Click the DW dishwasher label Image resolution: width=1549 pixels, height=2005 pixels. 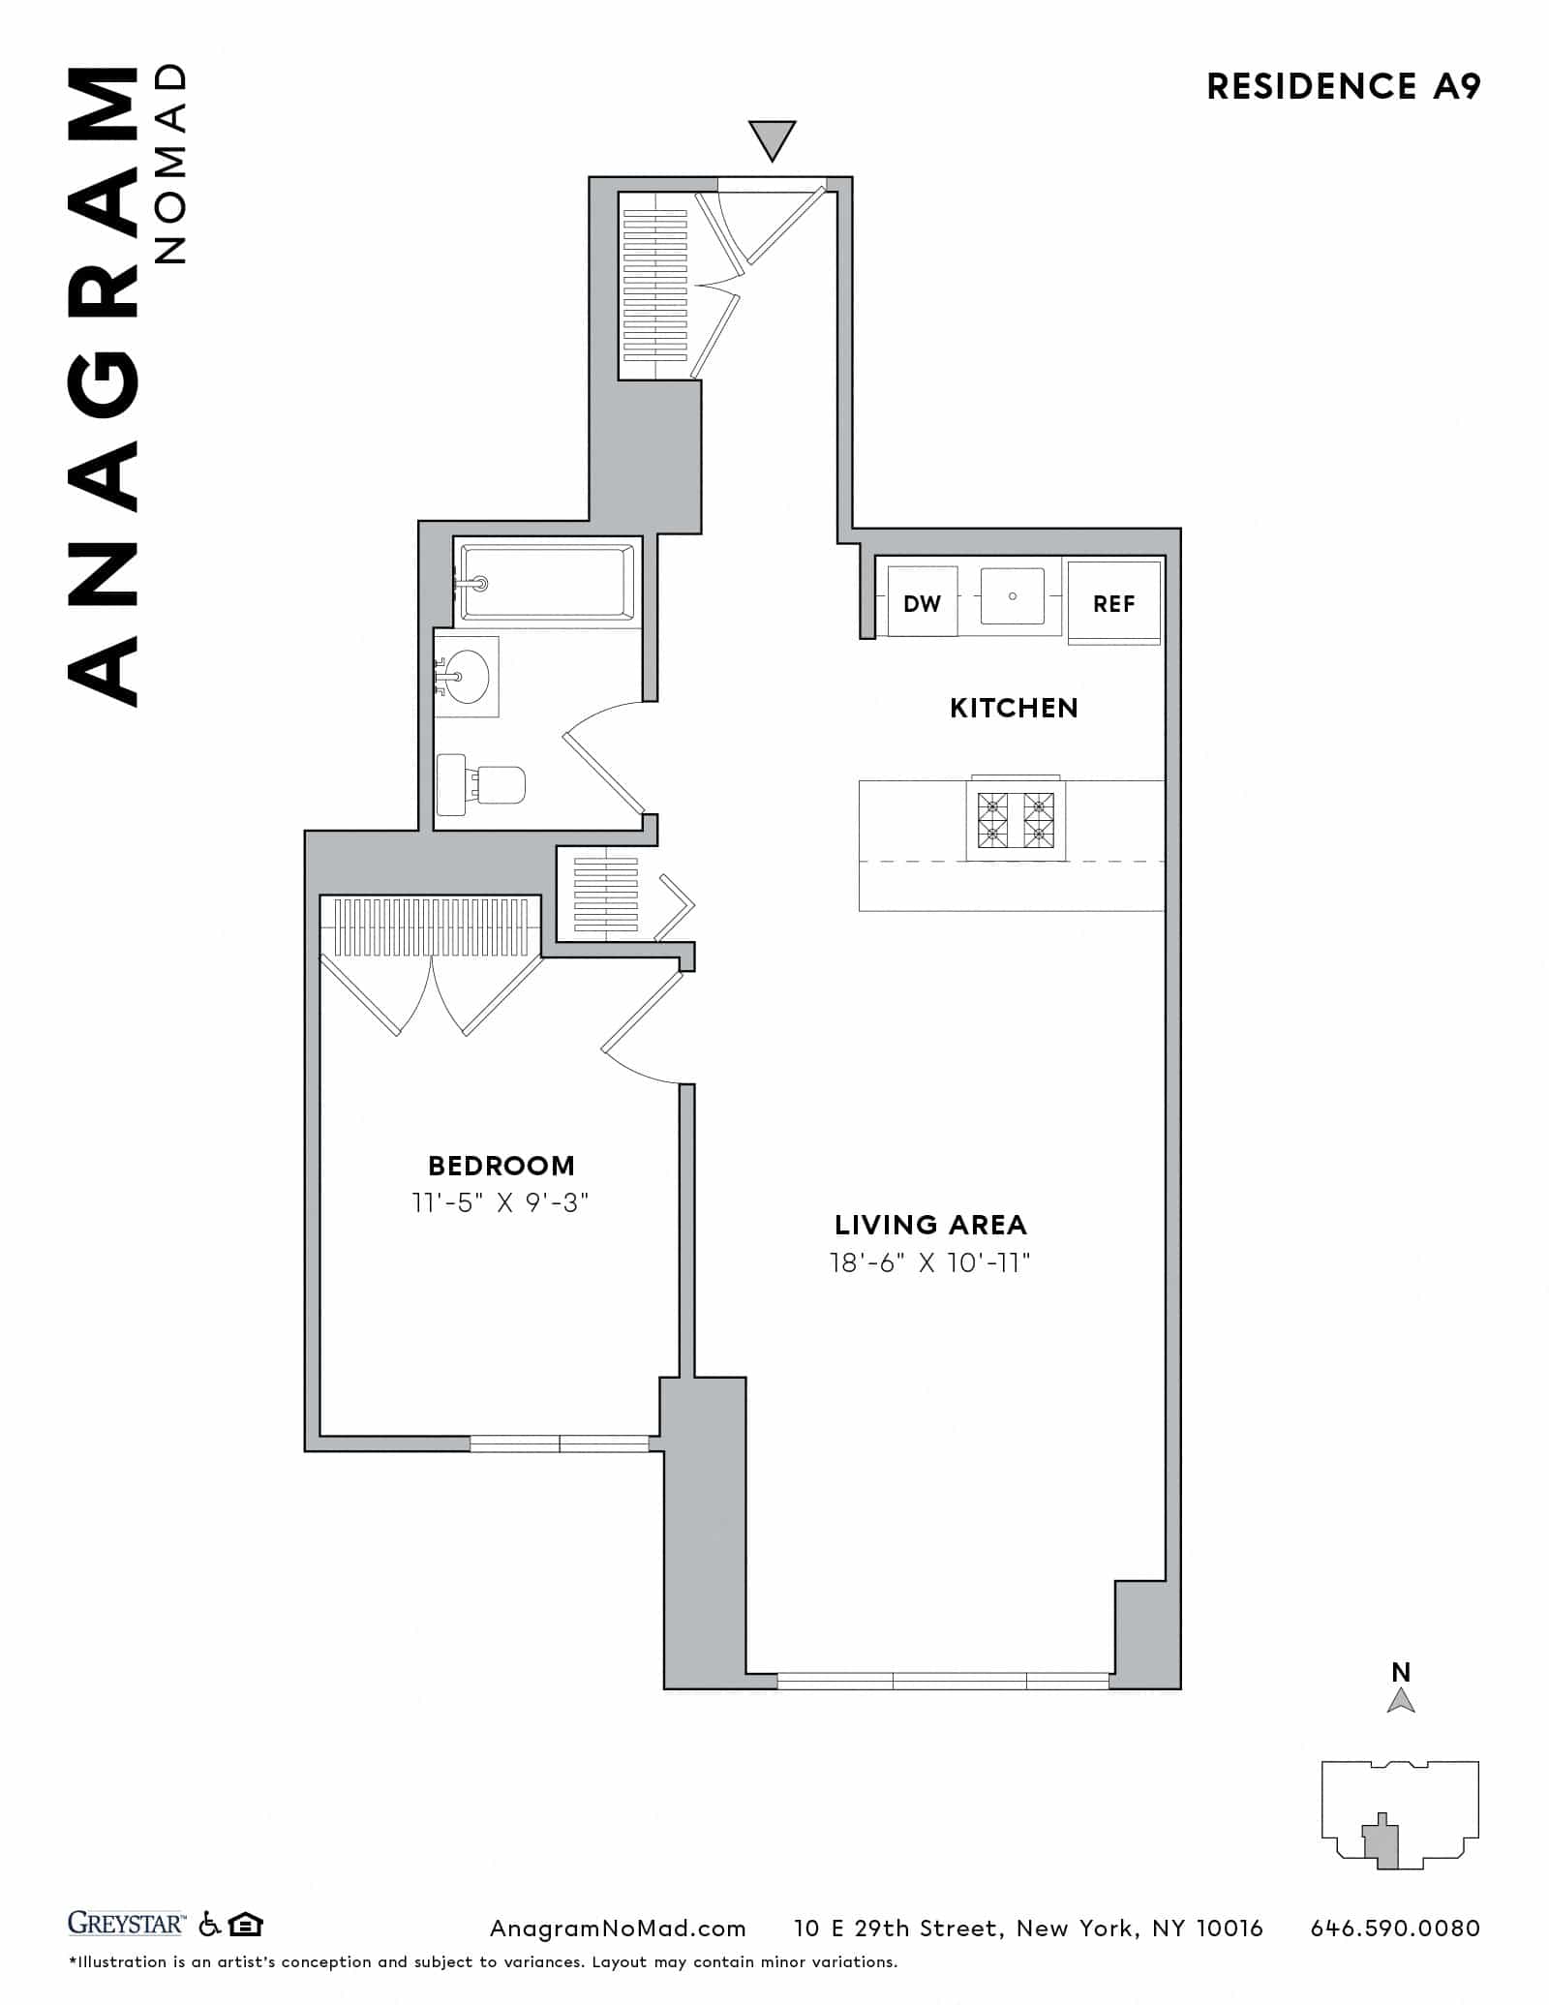(922, 603)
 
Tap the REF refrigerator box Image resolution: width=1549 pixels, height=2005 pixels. (1113, 603)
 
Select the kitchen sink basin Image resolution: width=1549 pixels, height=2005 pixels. (1013, 596)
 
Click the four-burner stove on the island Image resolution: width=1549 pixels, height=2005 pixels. (1016, 819)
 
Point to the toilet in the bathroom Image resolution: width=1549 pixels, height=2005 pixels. (482, 784)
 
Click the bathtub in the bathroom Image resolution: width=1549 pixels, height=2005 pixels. (547, 582)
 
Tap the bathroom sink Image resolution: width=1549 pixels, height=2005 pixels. (469, 676)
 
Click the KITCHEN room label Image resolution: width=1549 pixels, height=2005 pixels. (1014, 708)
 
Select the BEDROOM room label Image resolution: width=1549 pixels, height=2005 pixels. (501, 1165)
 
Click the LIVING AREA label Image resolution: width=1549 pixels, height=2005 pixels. (930, 1225)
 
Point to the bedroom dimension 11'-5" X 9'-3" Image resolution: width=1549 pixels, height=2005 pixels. (501, 1202)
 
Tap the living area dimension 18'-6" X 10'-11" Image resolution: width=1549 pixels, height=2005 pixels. (930, 1262)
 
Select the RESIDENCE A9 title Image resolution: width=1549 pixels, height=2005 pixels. (1344, 87)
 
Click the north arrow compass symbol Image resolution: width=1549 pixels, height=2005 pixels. (1401, 1700)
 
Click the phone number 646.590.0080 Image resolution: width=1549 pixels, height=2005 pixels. (1395, 1928)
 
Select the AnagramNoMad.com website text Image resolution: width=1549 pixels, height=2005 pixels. (618, 1928)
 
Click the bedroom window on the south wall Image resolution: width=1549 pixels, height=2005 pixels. (560, 1443)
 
